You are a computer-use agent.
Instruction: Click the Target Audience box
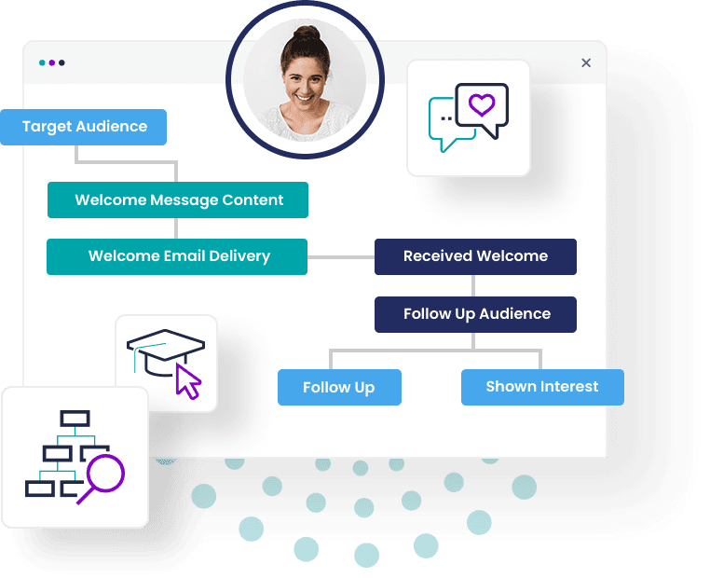coord(84,127)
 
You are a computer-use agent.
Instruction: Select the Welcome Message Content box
coord(178,200)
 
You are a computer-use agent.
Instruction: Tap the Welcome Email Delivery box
coord(177,256)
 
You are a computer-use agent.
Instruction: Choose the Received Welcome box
coord(475,256)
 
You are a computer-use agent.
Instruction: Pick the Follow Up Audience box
coord(475,314)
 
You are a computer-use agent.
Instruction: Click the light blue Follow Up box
coord(339,387)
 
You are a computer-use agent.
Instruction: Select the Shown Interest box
coord(542,387)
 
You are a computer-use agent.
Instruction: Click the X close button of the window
coord(586,62)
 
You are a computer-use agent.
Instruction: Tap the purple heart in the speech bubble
coord(481,105)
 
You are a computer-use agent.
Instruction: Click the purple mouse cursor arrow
coord(189,382)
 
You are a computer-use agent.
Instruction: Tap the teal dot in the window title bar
coord(42,62)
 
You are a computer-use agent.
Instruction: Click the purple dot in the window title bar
coord(52,62)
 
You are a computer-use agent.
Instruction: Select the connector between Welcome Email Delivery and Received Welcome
coord(341,256)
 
